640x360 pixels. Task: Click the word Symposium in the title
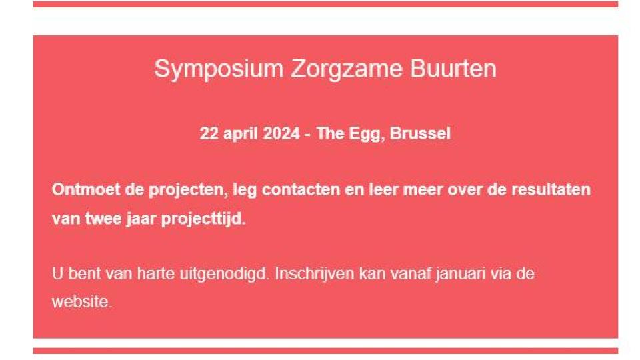pos(219,69)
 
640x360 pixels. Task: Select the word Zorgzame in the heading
pos(346,69)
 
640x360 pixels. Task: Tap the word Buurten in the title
pos(453,68)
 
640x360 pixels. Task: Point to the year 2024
pos(281,133)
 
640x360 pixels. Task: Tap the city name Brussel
pos(421,133)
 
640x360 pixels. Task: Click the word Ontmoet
pos(86,189)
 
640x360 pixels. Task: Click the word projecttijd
pos(203,219)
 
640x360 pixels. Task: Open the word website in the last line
pos(81,302)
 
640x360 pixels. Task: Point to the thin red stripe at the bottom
pos(325,351)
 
